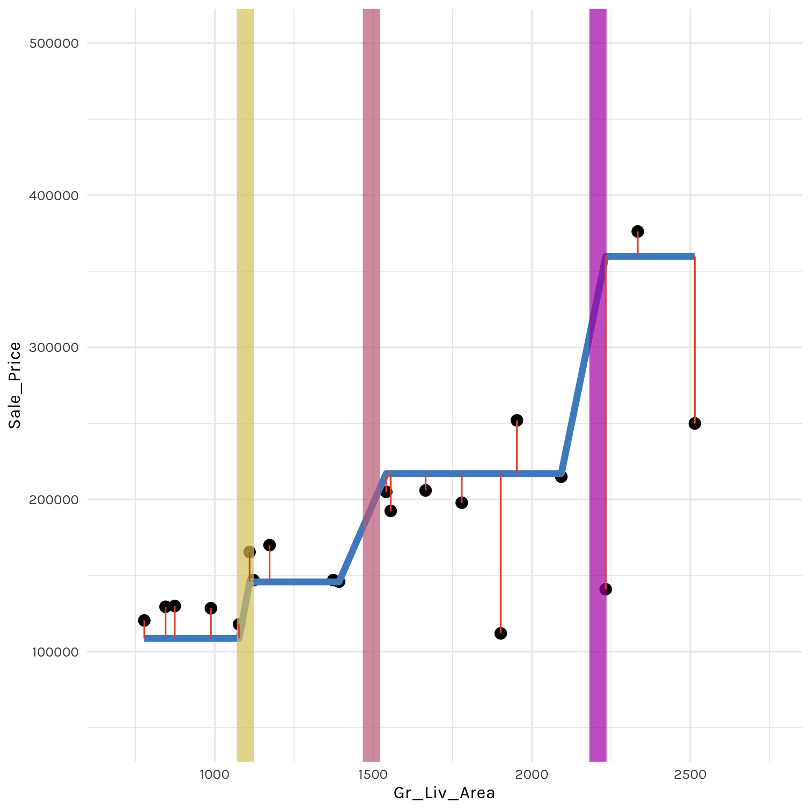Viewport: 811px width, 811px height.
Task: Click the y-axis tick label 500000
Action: [53, 43]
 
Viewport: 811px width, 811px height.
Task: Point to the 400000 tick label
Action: [53, 195]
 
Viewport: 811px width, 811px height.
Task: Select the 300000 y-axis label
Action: [53, 347]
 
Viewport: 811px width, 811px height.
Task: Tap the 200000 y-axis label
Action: [53, 499]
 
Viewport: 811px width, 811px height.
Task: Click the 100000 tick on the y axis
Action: [53, 652]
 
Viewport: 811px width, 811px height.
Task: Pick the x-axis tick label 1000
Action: [215, 774]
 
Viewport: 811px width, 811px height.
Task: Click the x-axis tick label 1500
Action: [373, 774]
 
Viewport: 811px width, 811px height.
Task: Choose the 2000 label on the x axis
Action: [532, 774]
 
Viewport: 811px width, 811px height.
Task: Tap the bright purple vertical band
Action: [598, 161]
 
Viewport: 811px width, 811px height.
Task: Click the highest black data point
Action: [638, 231]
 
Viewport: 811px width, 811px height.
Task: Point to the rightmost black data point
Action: [695, 423]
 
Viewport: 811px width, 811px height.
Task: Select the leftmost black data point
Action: [144, 621]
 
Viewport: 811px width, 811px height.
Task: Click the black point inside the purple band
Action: [606, 589]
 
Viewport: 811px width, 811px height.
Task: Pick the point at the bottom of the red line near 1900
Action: [500, 633]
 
